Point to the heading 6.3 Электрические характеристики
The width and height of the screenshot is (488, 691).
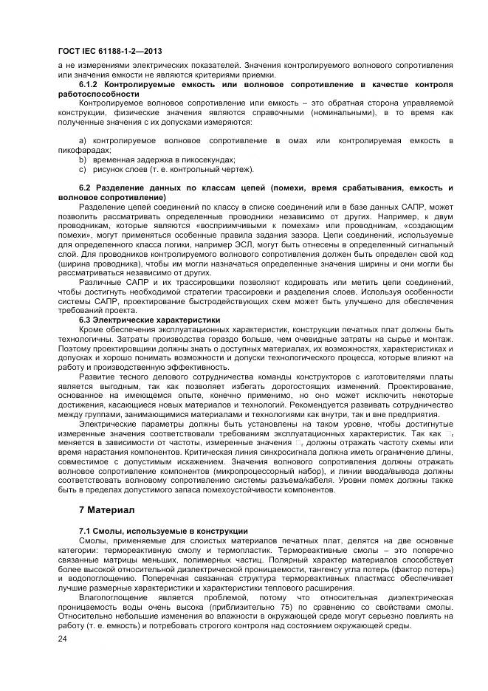pos(140,320)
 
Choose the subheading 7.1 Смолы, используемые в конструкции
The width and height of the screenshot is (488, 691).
pos(162,532)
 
